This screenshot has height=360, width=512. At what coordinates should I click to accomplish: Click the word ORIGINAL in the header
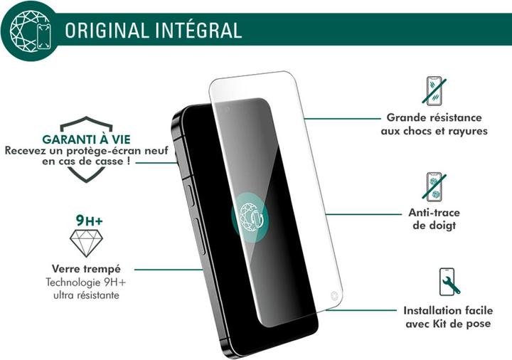coord(106,31)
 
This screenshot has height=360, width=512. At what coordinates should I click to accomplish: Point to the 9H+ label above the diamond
coord(89,222)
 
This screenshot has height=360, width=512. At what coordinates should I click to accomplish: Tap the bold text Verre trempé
coord(86,269)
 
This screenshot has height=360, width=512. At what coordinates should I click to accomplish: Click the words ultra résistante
coord(85,295)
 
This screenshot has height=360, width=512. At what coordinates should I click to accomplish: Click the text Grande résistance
coord(434,117)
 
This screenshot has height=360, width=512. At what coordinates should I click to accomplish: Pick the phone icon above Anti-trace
coord(434,186)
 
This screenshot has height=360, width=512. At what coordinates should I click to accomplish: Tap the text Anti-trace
coord(434,213)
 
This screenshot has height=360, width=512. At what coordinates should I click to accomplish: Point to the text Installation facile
coord(447,311)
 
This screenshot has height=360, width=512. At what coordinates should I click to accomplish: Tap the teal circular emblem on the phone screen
coord(251,214)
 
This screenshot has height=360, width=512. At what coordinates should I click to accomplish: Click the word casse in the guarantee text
coord(110,163)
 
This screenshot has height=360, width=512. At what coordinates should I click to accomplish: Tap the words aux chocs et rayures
coord(434,132)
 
